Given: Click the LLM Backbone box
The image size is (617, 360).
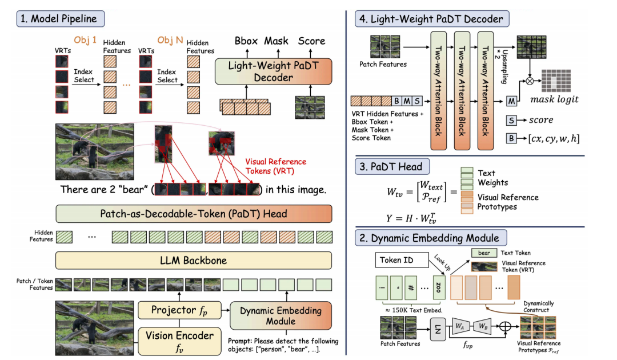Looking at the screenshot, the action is click(x=194, y=261).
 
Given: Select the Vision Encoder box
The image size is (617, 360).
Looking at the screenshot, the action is click(x=179, y=341).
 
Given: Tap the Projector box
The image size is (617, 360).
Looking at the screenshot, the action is click(x=179, y=310).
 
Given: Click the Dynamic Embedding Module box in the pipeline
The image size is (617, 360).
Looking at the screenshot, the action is click(x=281, y=315).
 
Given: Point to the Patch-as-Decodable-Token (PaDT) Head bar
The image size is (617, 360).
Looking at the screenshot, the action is click(x=194, y=214).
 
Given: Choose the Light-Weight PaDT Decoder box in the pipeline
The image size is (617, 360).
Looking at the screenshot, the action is click(x=274, y=71).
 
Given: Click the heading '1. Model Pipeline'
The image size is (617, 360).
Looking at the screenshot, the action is click(x=60, y=19).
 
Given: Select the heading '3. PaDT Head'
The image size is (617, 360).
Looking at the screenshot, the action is click(x=392, y=166).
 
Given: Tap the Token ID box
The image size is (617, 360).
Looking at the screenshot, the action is click(x=402, y=260).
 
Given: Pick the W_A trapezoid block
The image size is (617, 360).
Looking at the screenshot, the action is click(x=460, y=326).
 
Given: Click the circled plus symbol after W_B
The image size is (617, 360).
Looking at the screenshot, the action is click(x=505, y=326).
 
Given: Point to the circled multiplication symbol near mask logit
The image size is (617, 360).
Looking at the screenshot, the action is click(x=530, y=81).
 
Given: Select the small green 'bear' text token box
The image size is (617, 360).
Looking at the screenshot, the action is click(x=484, y=253).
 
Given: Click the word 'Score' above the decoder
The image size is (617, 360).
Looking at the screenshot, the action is click(x=312, y=41).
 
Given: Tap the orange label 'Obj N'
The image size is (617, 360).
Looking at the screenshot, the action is click(x=170, y=40).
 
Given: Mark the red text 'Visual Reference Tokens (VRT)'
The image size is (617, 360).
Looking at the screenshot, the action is click(x=275, y=166).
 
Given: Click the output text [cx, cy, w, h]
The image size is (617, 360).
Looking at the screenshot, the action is click(x=554, y=138).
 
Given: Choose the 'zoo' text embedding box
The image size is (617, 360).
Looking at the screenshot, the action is click(x=438, y=287).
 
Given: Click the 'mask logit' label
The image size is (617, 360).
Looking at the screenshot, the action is click(x=554, y=99).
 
